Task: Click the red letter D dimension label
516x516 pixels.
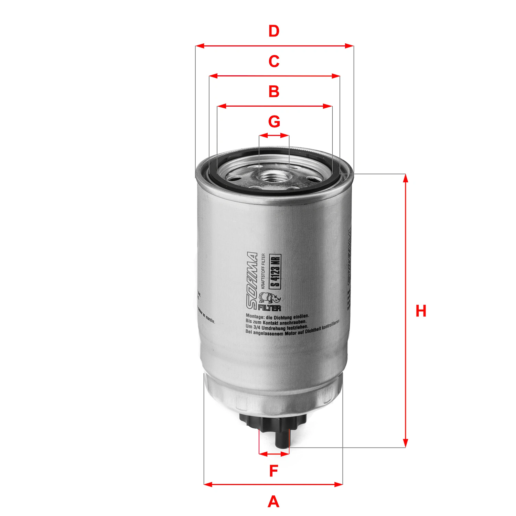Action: (x=274, y=31)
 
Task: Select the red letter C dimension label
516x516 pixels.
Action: (x=274, y=62)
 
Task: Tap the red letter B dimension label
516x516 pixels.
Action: (x=274, y=92)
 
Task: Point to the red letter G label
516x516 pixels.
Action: (x=274, y=122)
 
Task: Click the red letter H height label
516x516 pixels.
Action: (x=421, y=311)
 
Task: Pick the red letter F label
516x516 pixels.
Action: (x=273, y=471)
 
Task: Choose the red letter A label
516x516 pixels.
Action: (x=273, y=502)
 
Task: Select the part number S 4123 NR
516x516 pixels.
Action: (x=276, y=271)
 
